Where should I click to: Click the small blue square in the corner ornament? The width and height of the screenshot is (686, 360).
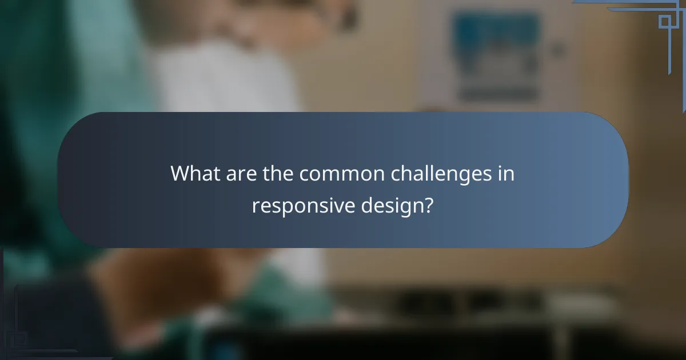[x=664, y=22]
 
